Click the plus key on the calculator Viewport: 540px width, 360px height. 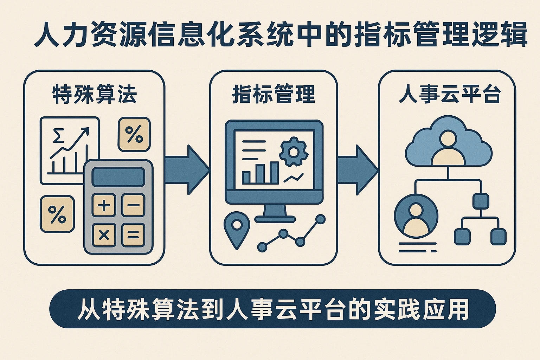click(104, 205)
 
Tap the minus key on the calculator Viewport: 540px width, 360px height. click(133, 205)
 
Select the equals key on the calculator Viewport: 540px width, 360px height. click(133, 235)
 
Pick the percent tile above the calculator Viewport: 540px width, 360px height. click(134, 134)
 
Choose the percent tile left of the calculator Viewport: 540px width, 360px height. click(57, 214)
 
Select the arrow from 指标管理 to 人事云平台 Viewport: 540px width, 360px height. click(357, 170)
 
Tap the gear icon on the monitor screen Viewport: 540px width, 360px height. click(294, 152)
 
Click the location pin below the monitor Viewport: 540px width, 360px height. click(237, 229)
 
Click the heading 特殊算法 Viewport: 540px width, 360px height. click(94, 95)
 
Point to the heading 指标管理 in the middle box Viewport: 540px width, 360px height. click(274, 95)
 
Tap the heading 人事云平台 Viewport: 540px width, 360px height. click(450, 95)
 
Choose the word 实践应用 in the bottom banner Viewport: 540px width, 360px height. click(421, 309)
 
